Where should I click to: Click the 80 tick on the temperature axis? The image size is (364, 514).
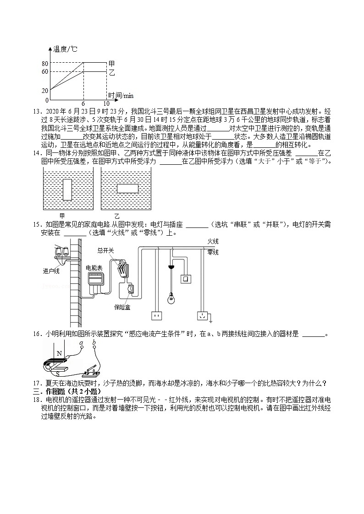45,63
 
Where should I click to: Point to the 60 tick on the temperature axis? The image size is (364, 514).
45,72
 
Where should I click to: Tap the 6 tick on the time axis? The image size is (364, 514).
83,103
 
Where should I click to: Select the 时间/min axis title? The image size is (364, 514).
121,95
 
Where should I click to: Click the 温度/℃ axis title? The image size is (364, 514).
66,49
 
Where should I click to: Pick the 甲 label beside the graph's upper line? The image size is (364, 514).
111,63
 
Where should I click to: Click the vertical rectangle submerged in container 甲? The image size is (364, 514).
67,188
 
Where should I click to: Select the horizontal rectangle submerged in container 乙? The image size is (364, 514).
128,188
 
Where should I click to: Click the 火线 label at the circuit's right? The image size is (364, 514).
213,241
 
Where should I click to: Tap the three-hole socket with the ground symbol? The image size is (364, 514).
202,315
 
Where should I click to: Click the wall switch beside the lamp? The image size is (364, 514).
187,279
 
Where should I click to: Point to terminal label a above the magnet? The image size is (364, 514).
81,342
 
